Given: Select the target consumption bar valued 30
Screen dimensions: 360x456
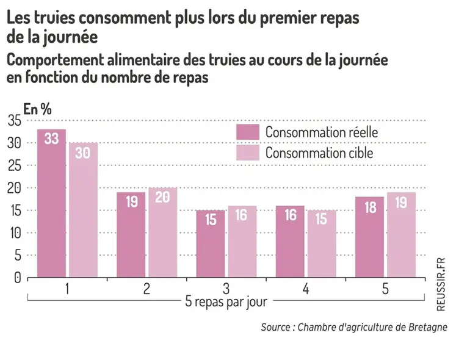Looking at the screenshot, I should pyautogui.click(x=82, y=210).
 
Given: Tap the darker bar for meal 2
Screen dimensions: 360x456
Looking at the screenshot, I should pyautogui.click(x=131, y=234).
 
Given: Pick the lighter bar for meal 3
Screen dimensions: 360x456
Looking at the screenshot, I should pyautogui.click(x=242, y=241).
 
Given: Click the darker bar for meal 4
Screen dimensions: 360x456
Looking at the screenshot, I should pyautogui.click(x=291, y=241).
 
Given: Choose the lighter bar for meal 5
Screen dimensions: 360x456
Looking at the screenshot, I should pyautogui.click(x=401, y=234).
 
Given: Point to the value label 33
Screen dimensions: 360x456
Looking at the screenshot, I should pyautogui.click(x=51, y=139).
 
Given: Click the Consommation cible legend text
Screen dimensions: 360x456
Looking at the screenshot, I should pyautogui.click(x=319, y=152).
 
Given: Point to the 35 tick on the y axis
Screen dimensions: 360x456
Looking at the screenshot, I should pyautogui.click(x=14, y=121).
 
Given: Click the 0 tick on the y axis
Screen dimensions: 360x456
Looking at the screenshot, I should pyautogui.click(x=17, y=278).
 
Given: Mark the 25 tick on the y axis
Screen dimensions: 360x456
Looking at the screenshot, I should pyautogui.click(x=14, y=166).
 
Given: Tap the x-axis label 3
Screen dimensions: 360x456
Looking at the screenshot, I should pyautogui.click(x=226, y=290).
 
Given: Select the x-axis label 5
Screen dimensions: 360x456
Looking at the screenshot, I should pyautogui.click(x=385, y=290).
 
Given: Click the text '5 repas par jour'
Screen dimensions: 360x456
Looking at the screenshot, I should pyautogui.click(x=226, y=301).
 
